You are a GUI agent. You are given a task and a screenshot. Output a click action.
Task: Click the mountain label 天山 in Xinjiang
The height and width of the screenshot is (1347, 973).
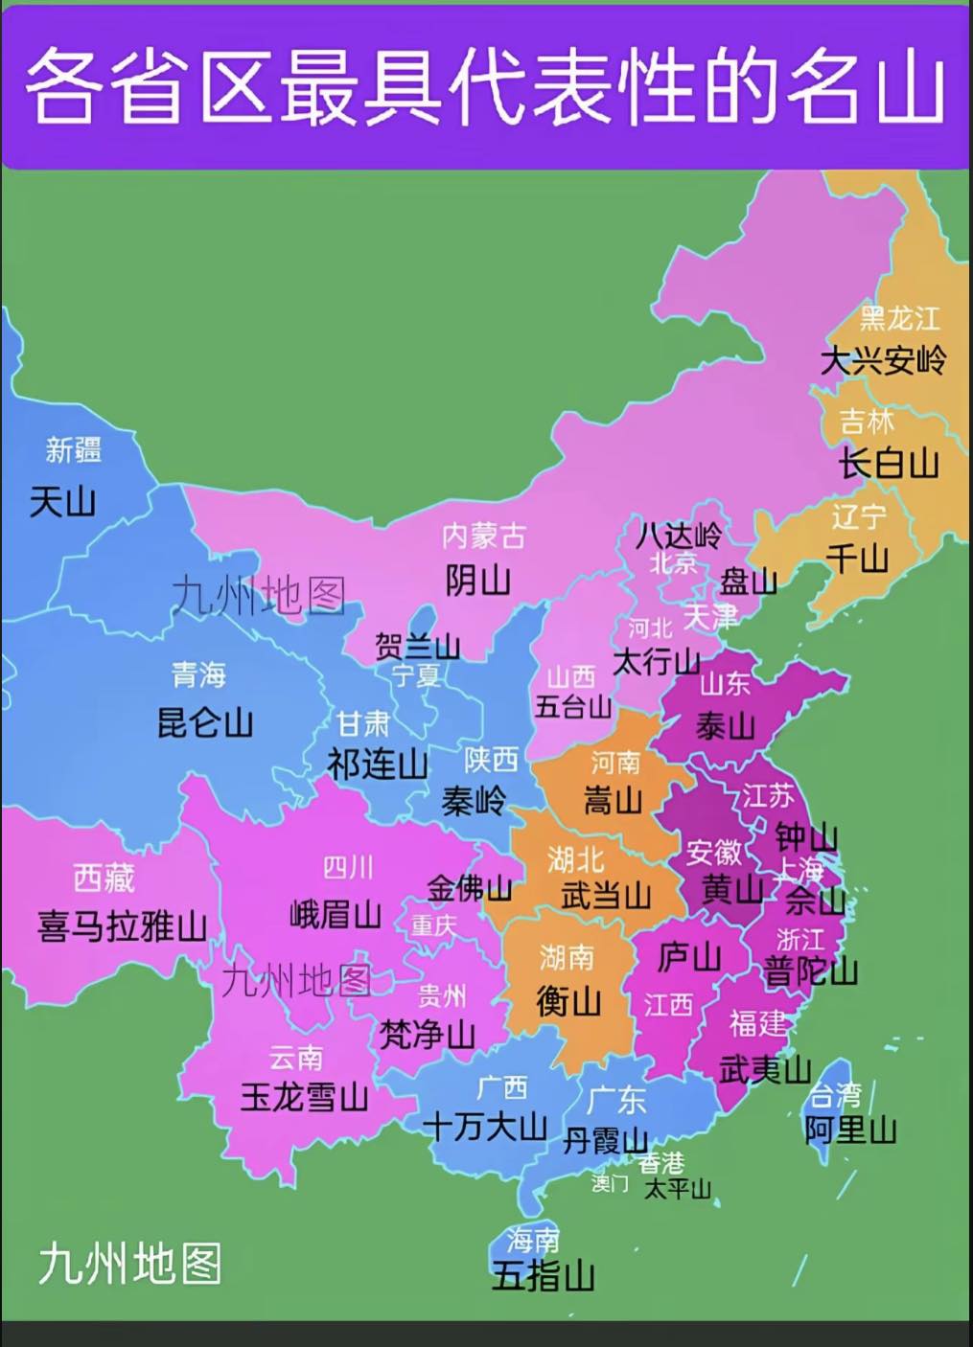coord(63,501)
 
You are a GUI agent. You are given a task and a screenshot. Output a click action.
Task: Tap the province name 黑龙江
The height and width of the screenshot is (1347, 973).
coord(899,318)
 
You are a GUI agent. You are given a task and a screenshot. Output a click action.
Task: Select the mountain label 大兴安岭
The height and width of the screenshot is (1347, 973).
coord(883,361)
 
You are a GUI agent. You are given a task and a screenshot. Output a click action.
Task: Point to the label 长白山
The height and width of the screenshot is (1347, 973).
coord(889,464)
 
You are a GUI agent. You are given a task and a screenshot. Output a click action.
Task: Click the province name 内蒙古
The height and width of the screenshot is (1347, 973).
coord(483,536)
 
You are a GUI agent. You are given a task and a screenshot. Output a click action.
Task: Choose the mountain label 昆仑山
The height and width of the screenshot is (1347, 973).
coord(205,722)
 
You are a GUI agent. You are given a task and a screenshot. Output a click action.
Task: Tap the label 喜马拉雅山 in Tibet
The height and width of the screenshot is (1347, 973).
coord(123,926)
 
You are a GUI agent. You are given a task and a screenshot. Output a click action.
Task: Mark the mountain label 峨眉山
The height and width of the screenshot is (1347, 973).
coord(336,914)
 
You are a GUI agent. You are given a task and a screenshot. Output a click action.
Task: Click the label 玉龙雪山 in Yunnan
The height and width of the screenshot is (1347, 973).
coord(304,1097)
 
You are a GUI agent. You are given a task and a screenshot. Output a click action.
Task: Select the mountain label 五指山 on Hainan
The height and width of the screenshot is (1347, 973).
coord(543,1276)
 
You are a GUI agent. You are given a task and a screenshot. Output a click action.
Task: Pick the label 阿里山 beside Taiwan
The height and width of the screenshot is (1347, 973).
coord(850,1130)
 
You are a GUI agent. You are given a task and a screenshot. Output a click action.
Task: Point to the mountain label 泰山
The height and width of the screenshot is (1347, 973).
coord(725,726)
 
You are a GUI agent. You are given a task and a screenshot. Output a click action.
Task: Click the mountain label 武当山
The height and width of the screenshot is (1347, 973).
coord(606,896)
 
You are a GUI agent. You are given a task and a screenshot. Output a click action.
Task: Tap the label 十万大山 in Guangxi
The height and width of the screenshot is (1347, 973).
coord(485,1127)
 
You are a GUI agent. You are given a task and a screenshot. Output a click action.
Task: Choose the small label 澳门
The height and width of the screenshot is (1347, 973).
coord(610,1183)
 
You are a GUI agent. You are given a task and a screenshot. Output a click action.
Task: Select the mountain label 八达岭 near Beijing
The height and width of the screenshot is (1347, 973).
coord(679,535)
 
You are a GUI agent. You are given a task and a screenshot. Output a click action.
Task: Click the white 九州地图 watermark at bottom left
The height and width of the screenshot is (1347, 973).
coord(129,1264)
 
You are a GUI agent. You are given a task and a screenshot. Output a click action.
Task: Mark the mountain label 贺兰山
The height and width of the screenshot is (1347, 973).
coord(417,647)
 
